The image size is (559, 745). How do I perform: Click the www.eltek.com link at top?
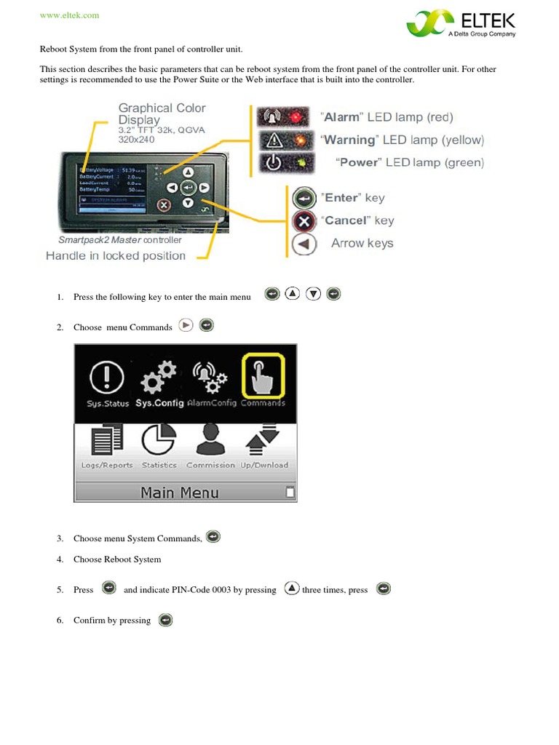(68, 15)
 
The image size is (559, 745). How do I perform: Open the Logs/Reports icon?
(107, 442)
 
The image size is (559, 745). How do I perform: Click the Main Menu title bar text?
(180, 493)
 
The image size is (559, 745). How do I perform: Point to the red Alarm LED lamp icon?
(282, 117)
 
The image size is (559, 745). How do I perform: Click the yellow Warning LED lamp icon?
(282, 140)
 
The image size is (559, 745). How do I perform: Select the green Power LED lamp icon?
(282, 162)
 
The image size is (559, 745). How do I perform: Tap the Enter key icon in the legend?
(304, 198)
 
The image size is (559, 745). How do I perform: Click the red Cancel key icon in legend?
(304, 220)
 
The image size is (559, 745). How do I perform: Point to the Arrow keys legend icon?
(304, 244)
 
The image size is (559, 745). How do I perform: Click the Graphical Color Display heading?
(162, 113)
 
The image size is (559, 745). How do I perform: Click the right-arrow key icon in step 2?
(186, 326)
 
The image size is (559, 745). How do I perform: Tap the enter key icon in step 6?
(165, 620)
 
